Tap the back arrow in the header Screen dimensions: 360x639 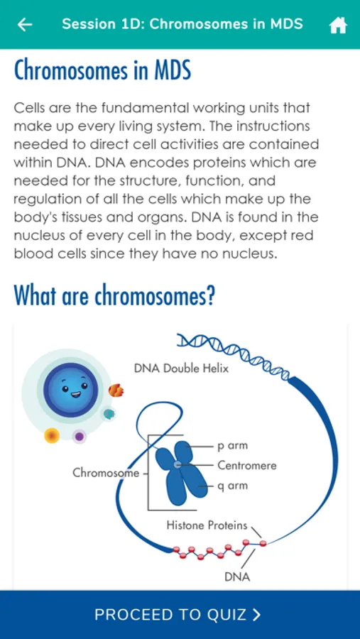pos(24,25)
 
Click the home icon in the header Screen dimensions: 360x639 pos(338,26)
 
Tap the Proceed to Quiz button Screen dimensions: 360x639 pos(180,615)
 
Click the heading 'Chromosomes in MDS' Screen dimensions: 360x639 pos(102,71)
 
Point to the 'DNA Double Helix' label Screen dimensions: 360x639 pos(182,368)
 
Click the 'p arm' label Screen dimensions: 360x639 pos(232,446)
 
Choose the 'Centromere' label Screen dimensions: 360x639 pos(247,465)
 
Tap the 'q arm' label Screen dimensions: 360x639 pos(232,486)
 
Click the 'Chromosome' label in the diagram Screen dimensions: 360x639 pos(106,473)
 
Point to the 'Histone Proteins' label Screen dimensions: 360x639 pos(207,525)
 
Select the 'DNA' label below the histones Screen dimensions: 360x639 pos(237,577)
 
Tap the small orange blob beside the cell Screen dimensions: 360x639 pos(116,390)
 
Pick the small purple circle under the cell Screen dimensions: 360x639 pos(80,437)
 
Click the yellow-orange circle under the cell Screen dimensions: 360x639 pos(52,436)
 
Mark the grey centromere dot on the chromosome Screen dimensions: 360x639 pos(177,464)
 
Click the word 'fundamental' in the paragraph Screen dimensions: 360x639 pos(145,108)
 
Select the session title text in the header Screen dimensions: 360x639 pos(182,24)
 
